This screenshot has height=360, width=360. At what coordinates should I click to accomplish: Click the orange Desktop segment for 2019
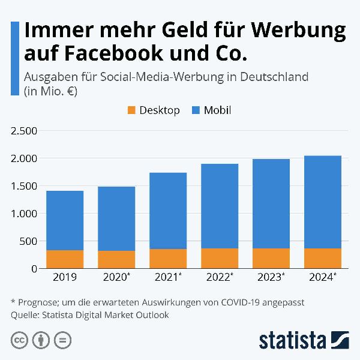point(65,259)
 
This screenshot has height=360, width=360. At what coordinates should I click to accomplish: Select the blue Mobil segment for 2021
point(168,211)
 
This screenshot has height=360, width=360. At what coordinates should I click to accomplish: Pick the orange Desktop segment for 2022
point(220,258)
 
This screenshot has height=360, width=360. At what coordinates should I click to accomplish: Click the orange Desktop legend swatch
point(132,110)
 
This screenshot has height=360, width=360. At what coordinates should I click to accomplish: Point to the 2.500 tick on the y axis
point(23,131)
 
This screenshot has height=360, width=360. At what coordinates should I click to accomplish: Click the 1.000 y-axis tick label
point(23,214)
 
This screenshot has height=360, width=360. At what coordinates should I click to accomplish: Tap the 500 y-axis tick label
point(28,241)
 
